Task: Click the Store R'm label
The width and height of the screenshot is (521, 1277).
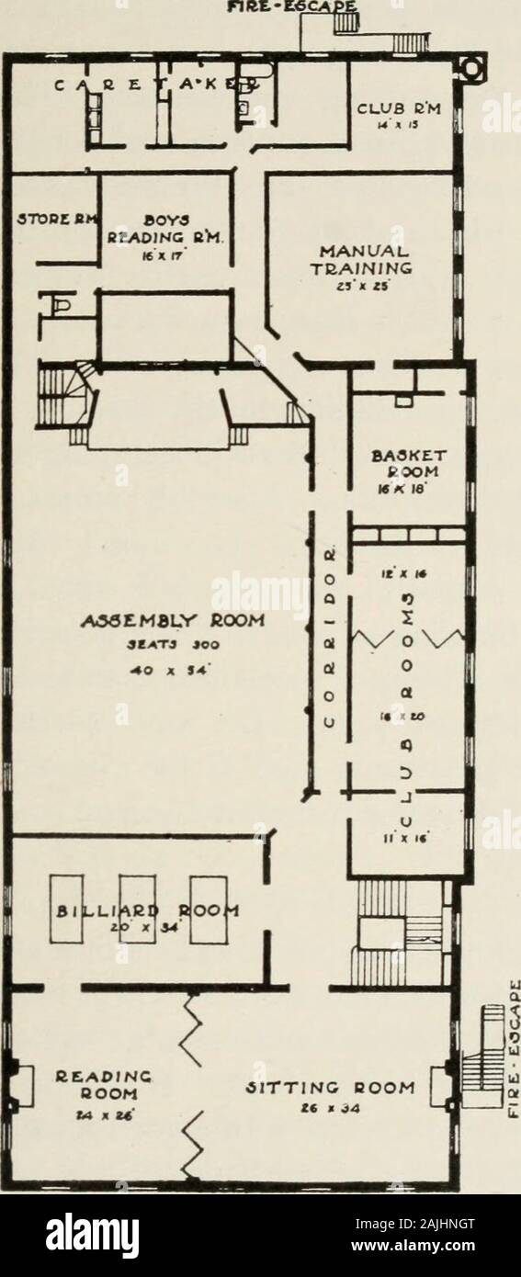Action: pos(50,220)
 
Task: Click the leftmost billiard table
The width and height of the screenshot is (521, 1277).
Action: pos(70,912)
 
